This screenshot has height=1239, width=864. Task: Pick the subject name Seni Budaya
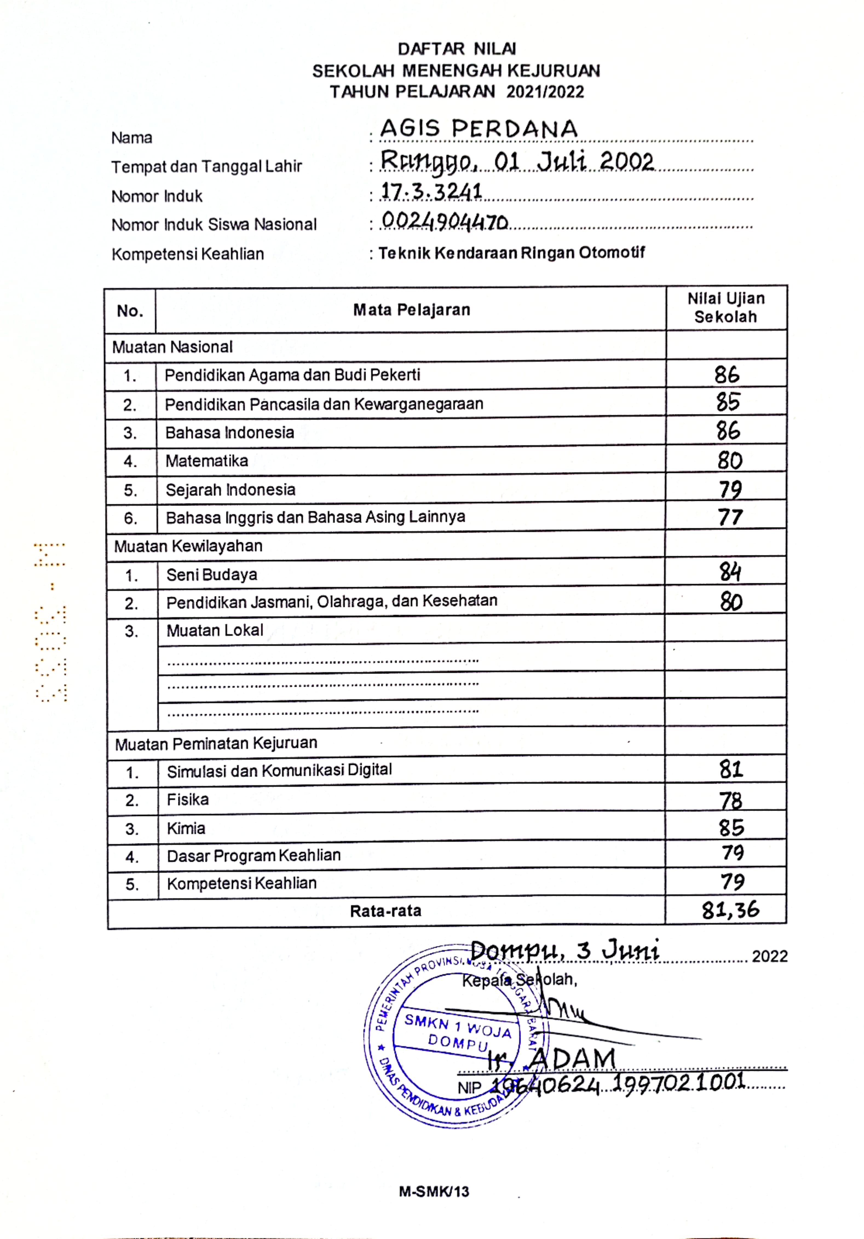[x=211, y=575]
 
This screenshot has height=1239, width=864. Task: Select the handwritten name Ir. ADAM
[x=551, y=1060]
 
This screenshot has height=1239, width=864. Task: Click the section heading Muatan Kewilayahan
[x=188, y=546]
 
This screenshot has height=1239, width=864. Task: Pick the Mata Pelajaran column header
[x=411, y=310]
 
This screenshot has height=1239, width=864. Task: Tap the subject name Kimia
[x=186, y=828]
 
